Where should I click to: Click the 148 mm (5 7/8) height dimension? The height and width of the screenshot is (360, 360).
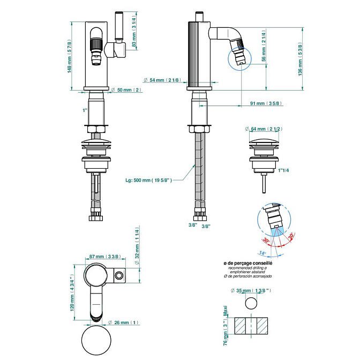(x=70, y=56)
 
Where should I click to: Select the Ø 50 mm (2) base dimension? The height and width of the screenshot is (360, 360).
(x=129, y=90)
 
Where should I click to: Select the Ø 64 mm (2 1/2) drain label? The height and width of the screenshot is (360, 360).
(x=267, y=129)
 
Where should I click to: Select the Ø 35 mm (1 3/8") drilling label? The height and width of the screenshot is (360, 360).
(x=251, y=290)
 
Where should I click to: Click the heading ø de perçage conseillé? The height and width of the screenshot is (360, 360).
(x=248, y=264)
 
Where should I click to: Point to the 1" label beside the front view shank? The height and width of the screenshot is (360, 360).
(x=85, y=110)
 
